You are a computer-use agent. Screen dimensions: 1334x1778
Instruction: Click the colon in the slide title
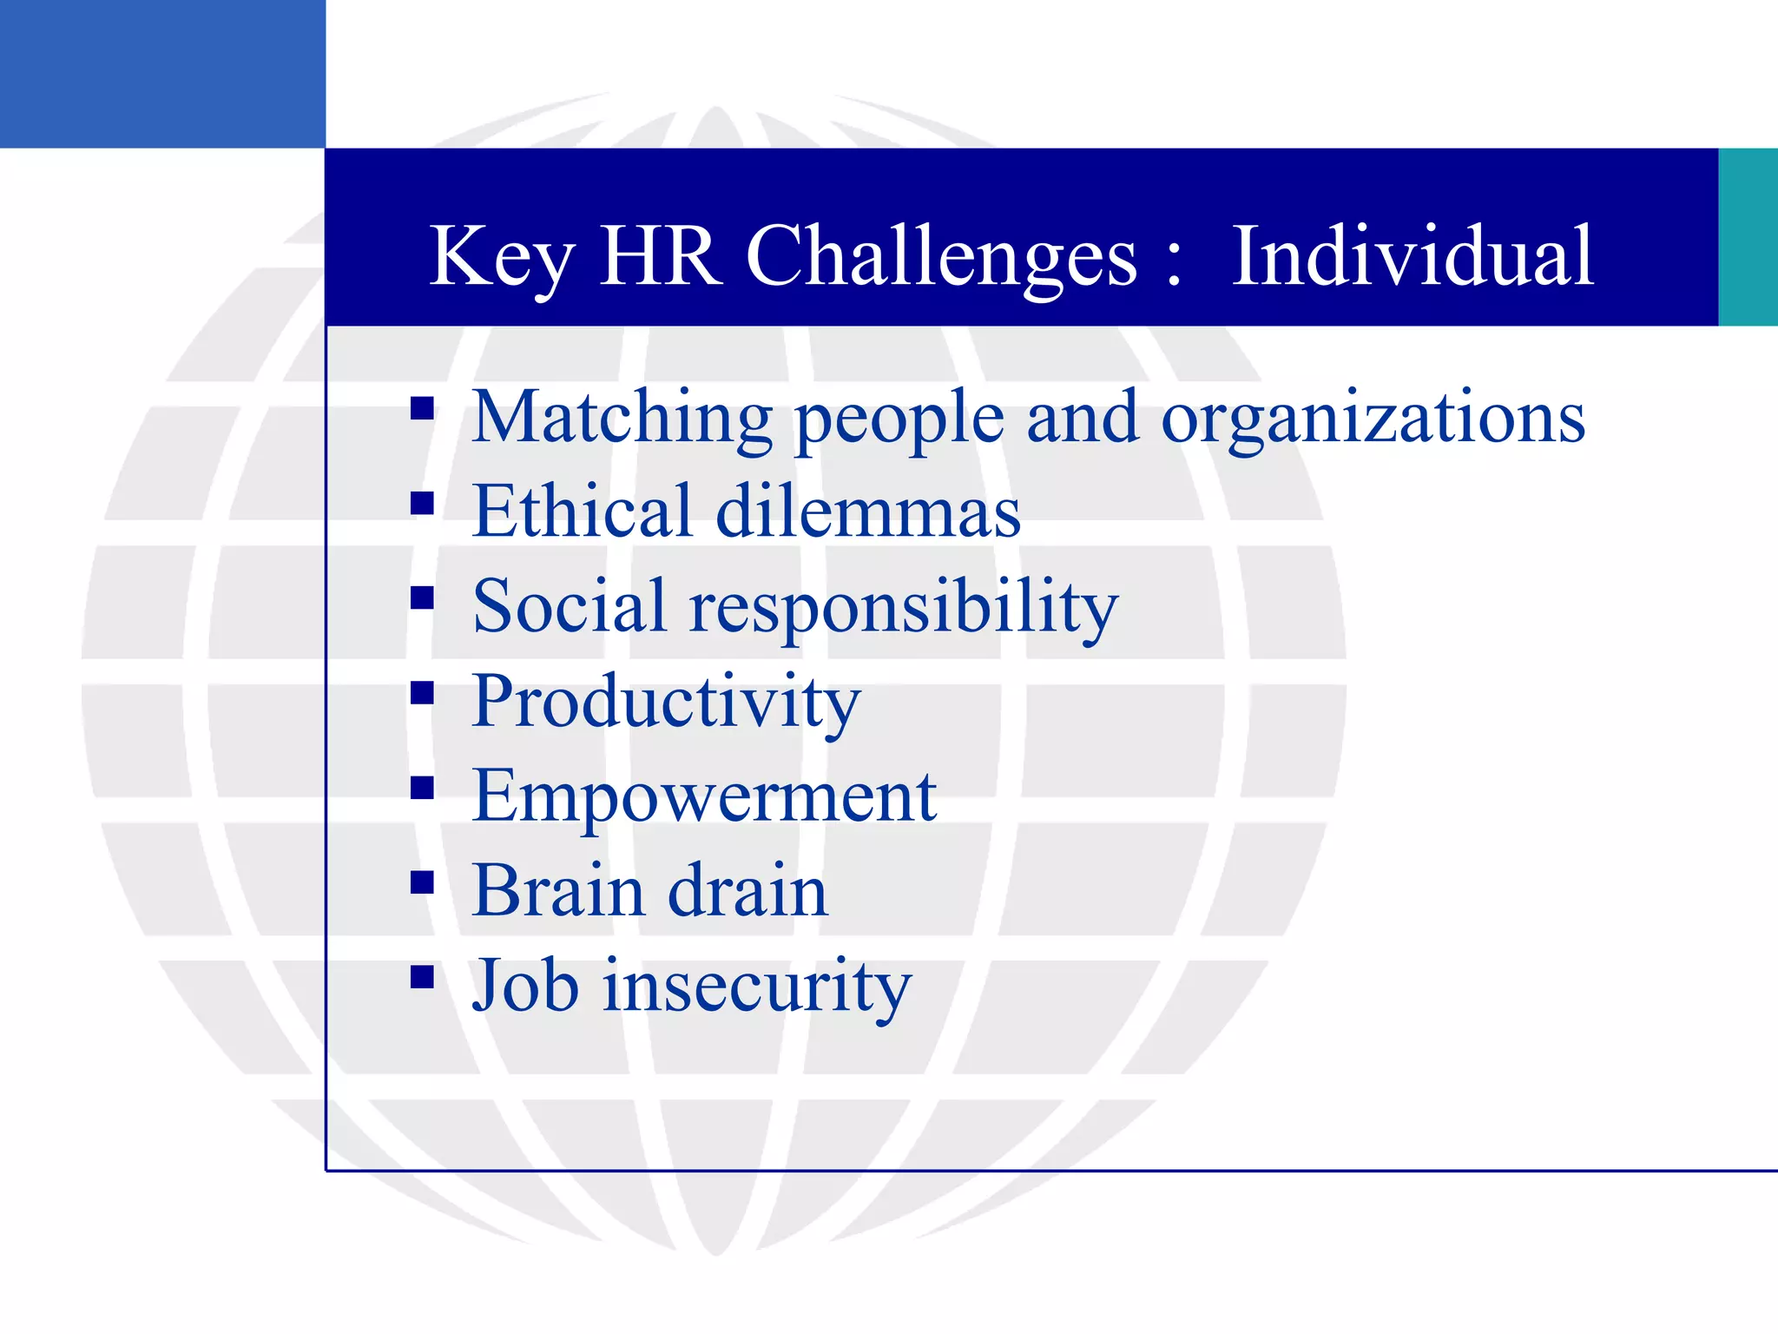pos(1175,265)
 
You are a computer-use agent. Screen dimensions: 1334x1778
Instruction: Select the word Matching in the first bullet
pos(622,419)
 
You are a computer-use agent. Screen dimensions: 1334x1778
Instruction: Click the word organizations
pos(1373,420)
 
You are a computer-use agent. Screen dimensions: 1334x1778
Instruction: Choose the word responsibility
pos(904,608)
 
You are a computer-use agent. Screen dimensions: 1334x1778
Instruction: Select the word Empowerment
pos(704,797)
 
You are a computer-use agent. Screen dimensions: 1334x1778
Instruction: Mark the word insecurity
pos(757,987)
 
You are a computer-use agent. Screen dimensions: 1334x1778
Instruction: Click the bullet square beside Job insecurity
pos(423,978)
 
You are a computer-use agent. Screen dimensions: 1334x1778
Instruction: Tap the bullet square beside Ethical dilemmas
pos(423,503)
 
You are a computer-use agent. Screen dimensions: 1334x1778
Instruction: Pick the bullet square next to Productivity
pos(423,692)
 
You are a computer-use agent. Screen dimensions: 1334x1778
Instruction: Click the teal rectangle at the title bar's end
pos(1748,237)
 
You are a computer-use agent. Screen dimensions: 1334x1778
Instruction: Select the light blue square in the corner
pos(162,74)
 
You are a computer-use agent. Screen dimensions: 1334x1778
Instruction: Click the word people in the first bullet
pos(899,420)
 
